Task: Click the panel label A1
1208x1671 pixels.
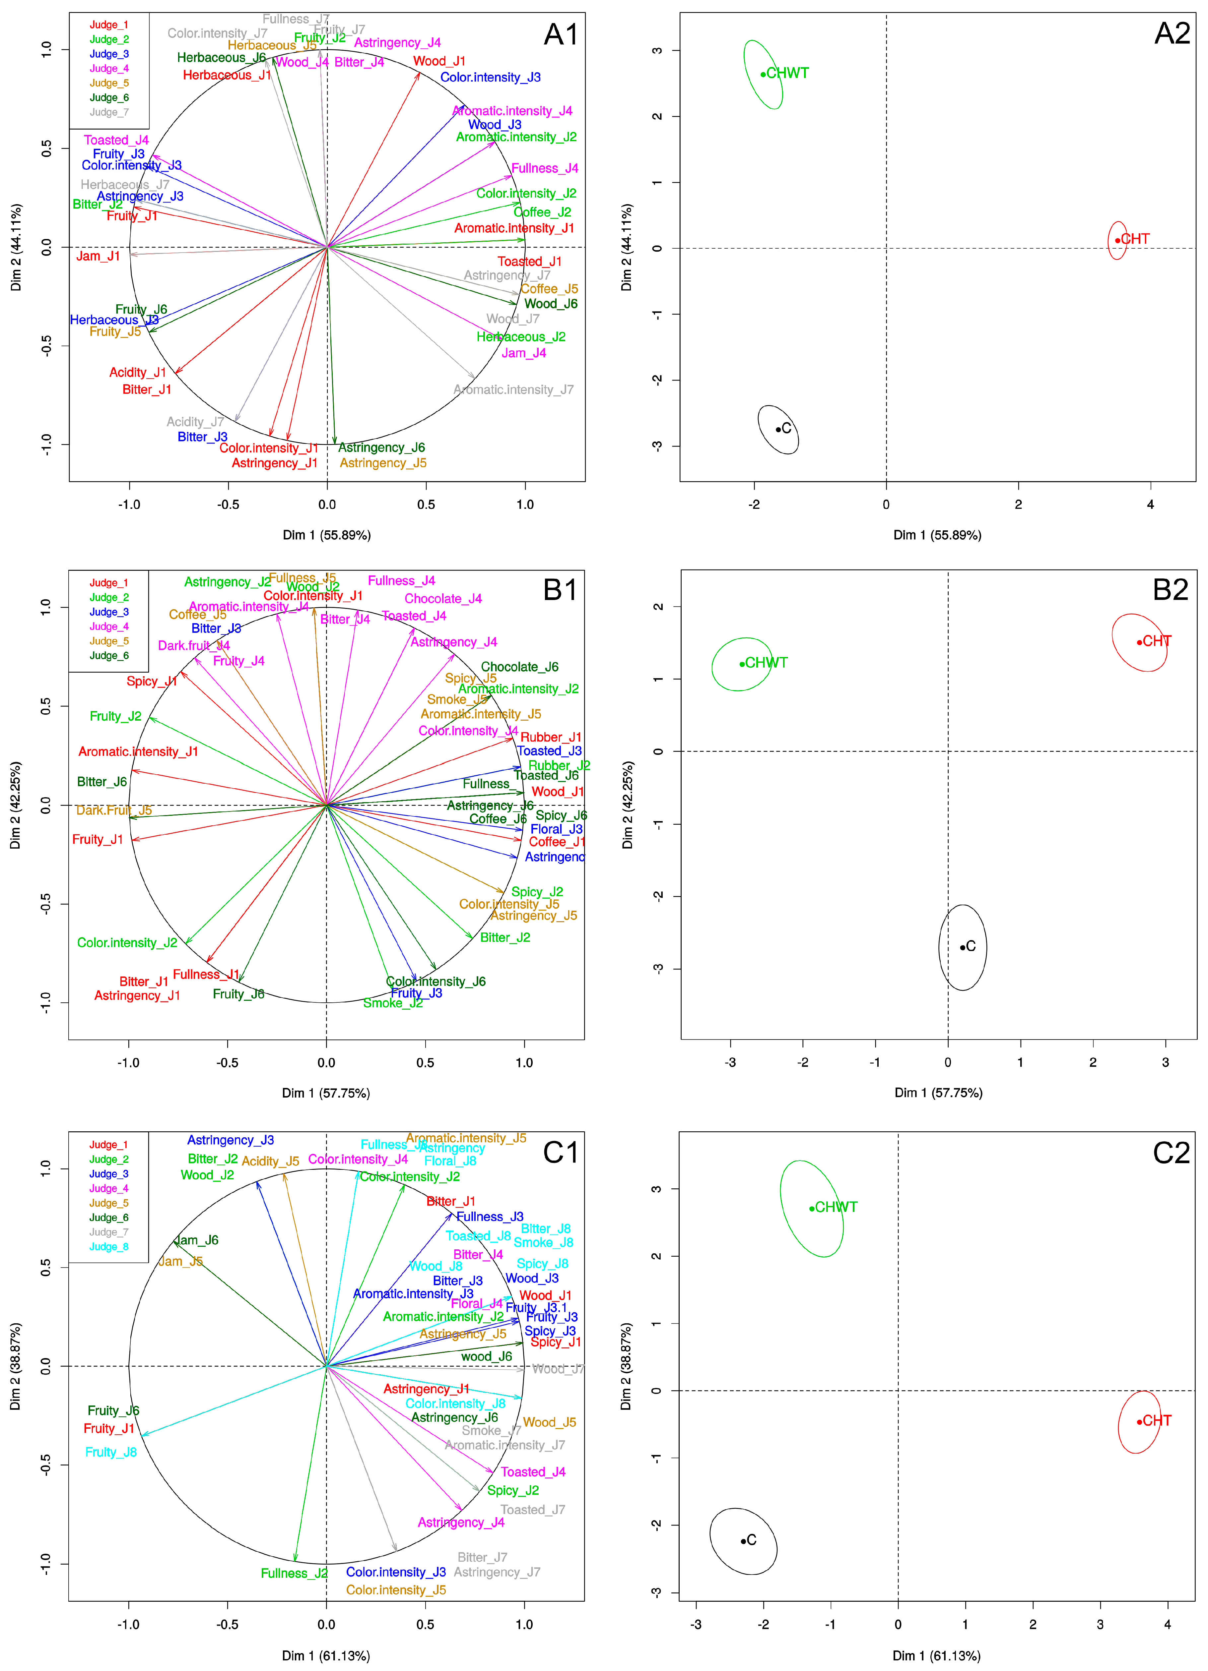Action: coord(561,34)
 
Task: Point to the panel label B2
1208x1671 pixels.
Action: coord(1171,590)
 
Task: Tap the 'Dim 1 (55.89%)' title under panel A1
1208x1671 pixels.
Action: coord(326,535)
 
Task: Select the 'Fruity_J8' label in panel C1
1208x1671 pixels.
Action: coord(111,1452)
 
